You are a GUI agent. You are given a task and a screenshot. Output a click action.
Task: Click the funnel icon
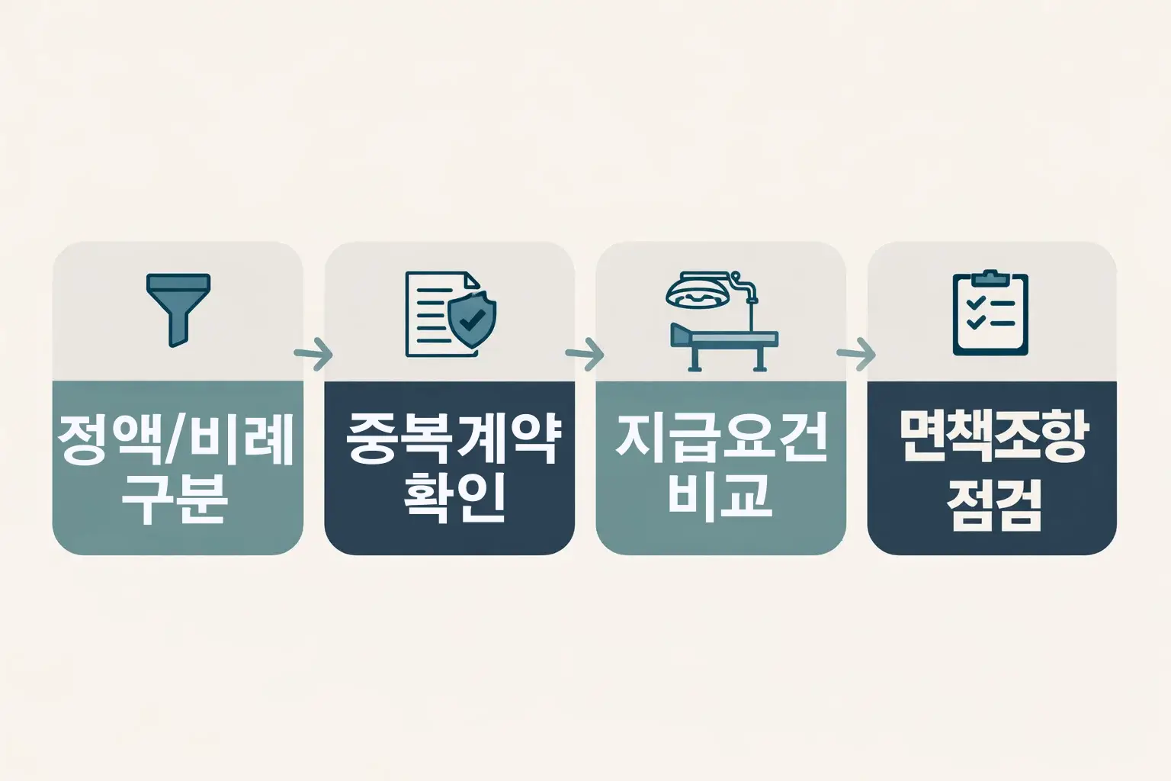tap(177, 310)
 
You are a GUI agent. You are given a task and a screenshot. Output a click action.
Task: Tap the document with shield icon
tap(450, 313)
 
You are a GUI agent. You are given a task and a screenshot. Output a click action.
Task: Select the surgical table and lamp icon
tap(721, 320)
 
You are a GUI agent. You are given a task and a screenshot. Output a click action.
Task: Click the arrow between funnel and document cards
tap(313, 354)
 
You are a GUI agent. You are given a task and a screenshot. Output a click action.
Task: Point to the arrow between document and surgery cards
tap(585, 354)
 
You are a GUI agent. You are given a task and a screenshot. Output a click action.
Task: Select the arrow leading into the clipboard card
tap(856, 354)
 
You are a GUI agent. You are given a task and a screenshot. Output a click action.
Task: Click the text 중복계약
tap(450, 440)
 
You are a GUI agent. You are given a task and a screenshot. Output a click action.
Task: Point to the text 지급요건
tap(721, 440)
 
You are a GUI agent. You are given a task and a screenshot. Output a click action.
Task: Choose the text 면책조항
tap(992, 438)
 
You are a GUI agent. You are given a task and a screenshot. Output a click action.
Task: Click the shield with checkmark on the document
tap(471, 321)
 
